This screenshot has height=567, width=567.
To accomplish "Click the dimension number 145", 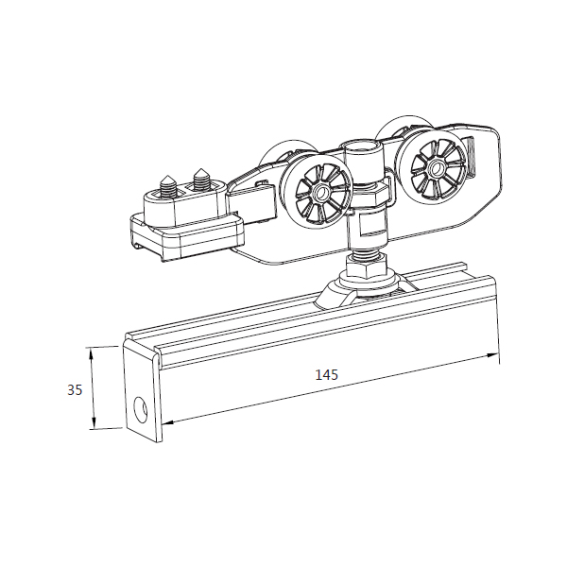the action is coord(327,374).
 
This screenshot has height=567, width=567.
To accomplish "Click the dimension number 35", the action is coord(75,389).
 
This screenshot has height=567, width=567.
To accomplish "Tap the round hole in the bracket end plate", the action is coord(140,410).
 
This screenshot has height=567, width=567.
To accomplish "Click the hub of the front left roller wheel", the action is coord(319,194).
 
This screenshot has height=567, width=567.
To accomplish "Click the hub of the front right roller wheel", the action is coord(437,167).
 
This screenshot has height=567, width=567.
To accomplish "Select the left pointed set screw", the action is coord(167,186).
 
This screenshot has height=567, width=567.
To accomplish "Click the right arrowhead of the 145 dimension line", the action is coord(491,355).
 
